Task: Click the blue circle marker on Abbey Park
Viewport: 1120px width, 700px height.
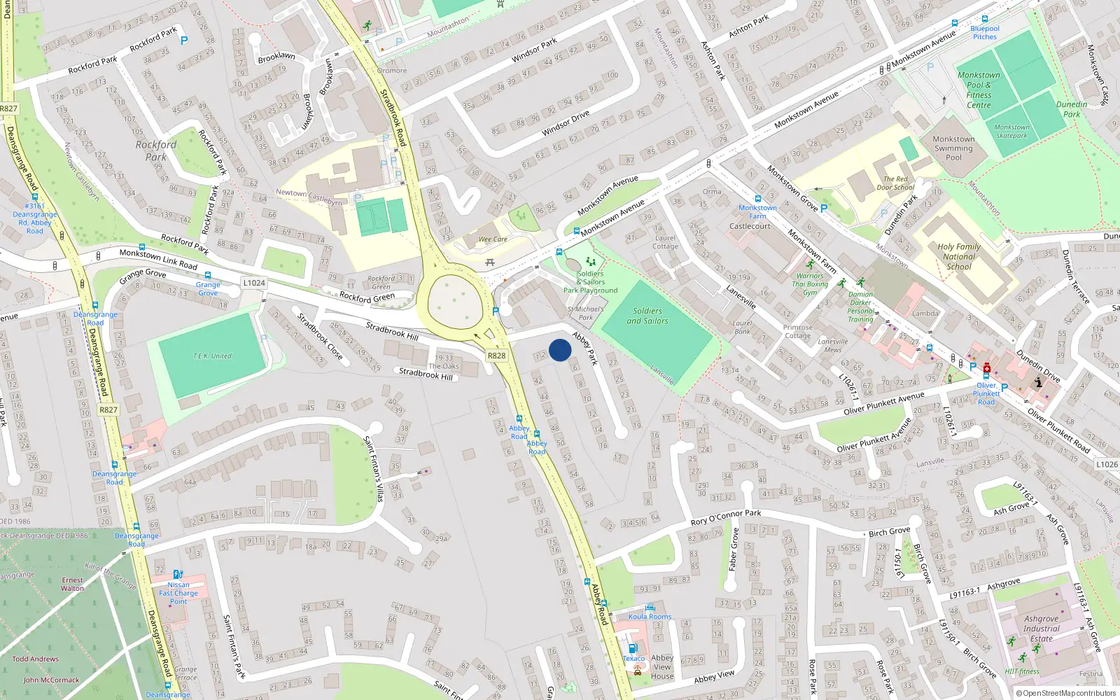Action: pyautogui.click(x=560, y=350)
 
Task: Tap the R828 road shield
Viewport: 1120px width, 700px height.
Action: pyautogui.click(x=496, y=356)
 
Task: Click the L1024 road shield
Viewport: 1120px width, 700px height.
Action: pyautogui.click(x=254, y=283)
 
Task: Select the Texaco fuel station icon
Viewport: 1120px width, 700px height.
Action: pyautogui.click(x=633, y=648)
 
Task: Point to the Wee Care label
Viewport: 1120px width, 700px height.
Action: pyautogui.click(x=493, y=239)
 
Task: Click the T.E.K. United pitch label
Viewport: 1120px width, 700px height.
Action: pyautogui.click(x=212, y=356)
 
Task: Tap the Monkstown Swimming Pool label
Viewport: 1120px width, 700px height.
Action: pyautogui.click(x=953, y=148)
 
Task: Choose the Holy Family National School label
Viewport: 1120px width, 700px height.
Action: pyautogui.click(x=958, y=256)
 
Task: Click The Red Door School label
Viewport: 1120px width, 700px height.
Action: pyautogui.click(x=895, y=183)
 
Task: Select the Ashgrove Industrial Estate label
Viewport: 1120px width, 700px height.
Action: pyautogui.click(x=1041, y=629)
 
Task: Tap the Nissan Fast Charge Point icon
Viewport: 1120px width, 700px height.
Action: pyautogui.click(x=178, y=574)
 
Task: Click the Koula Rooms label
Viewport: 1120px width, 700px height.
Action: pyautogui.click(x=650, y=617)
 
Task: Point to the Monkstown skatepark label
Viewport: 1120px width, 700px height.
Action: pyautogui.click(x=1011, y=132)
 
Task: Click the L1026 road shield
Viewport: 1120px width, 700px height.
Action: pyautogui.click(x=1107, y=464)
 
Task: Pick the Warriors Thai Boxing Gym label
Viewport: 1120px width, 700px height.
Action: pyautogui.click(x=810, y=284)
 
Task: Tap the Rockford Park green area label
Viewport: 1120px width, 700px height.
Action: pyautogui.click(x=155, y=150)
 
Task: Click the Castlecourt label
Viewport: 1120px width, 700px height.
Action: pyautogui.click(x=750, y=226)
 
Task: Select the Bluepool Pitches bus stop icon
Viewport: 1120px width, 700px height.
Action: pyautogui.click(x=985, y=20)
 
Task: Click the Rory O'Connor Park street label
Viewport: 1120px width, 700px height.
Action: pyautogui.click(x=726, y=517)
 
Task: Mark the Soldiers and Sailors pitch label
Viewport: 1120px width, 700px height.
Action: pyautogui.click(x=647, y=316)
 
